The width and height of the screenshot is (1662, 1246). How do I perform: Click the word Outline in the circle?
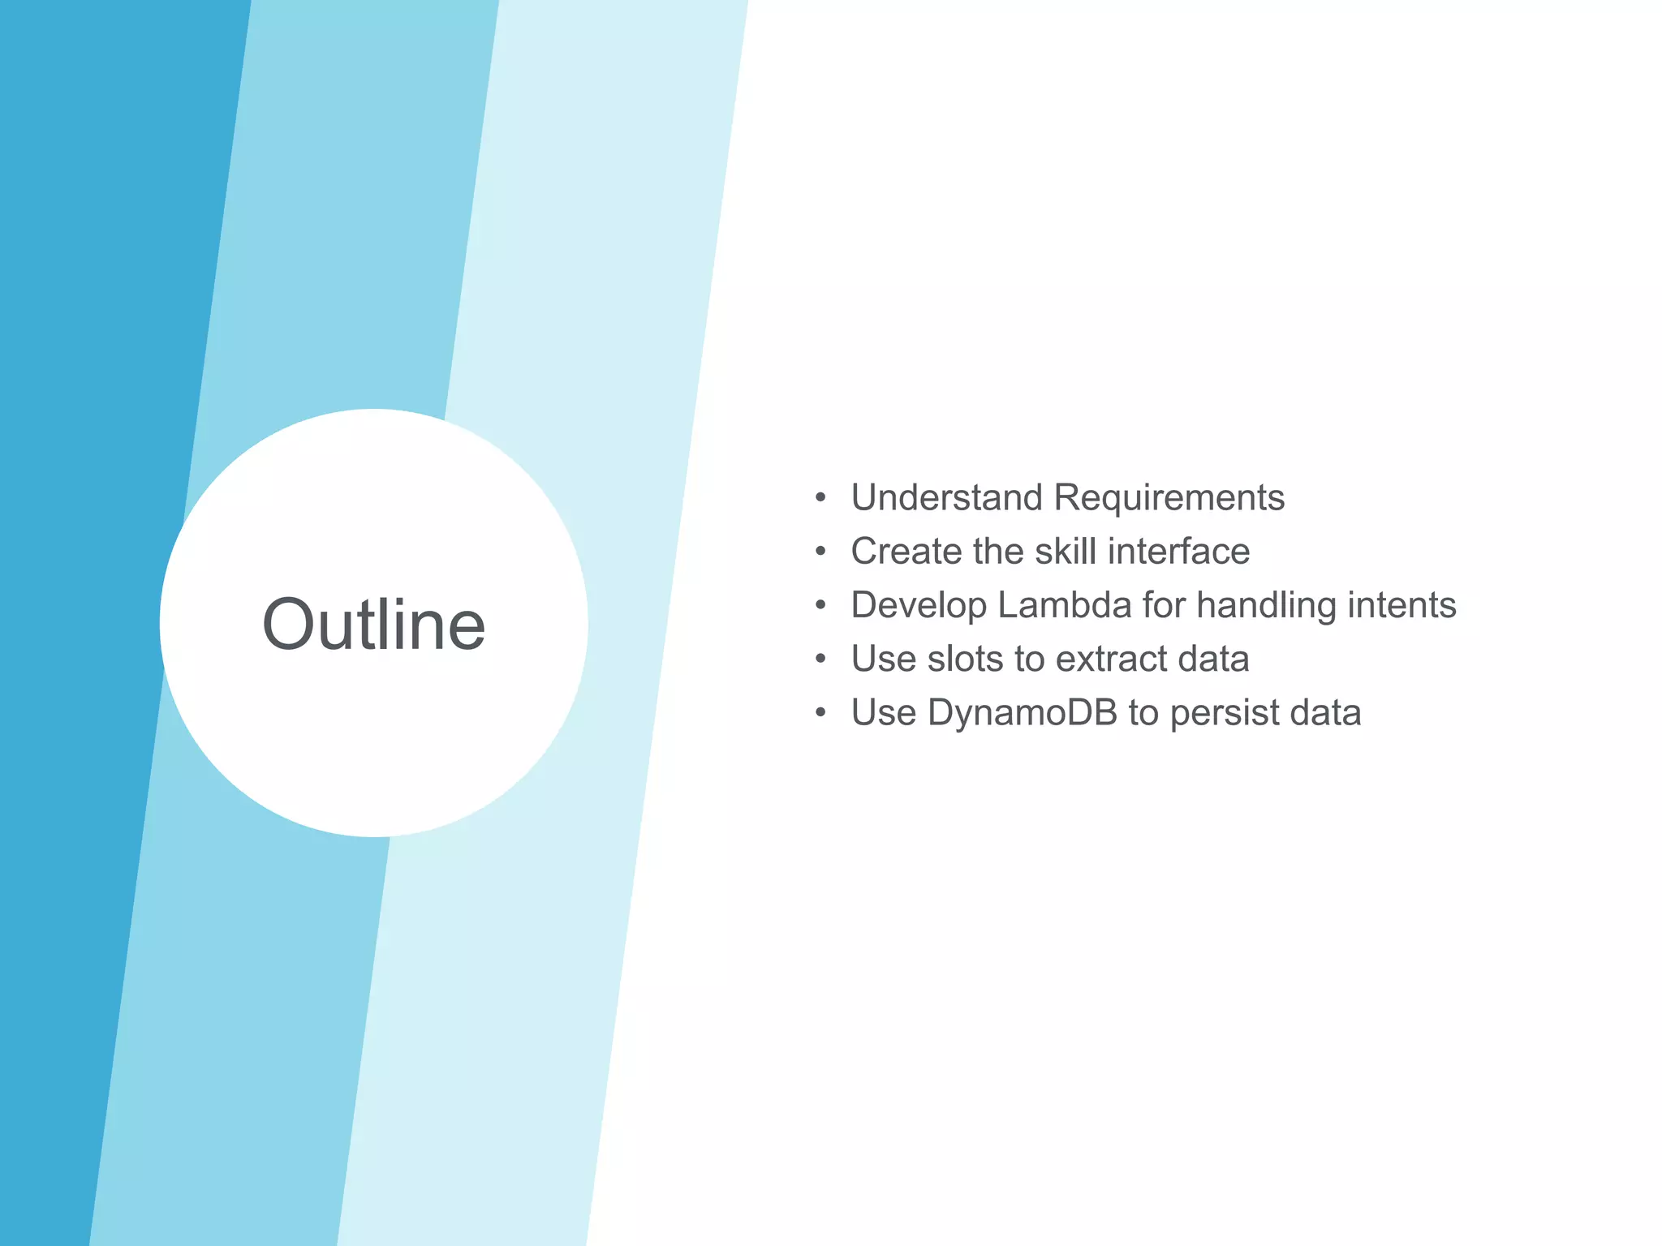(374, 624)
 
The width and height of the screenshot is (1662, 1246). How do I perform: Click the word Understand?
(946, 497)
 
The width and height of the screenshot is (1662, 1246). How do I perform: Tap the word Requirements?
(1169, 497)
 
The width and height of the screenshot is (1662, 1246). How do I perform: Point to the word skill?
(1066, 552)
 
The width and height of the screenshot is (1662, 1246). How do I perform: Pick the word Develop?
(919, 606)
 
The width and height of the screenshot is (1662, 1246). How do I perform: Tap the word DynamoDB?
(1022, 713)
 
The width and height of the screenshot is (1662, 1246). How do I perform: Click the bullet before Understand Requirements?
(820, 497)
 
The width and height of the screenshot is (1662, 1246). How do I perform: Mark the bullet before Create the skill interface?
(820, 552)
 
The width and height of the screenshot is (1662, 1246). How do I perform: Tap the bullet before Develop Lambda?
(820, 605)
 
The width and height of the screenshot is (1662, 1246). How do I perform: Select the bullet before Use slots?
(820, 659)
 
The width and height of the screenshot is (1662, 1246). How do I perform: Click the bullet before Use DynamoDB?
(820, 713)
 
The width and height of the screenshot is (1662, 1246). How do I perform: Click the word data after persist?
(1325, 713)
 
